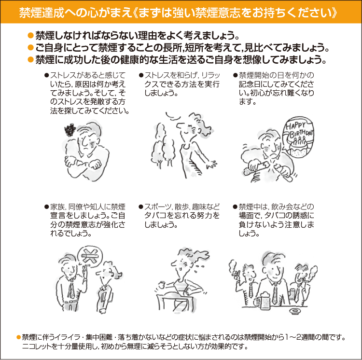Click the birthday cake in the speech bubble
click(299, 148)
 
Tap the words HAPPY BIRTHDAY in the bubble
click(299, 130)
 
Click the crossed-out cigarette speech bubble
click(90, 256)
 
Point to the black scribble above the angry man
click(70, 130)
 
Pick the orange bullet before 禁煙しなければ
click(31, 36)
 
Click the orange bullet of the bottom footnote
click(19, 337)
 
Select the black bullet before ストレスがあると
click(47, 75)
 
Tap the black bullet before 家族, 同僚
click(47, 207)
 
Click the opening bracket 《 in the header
click(136, 13)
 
